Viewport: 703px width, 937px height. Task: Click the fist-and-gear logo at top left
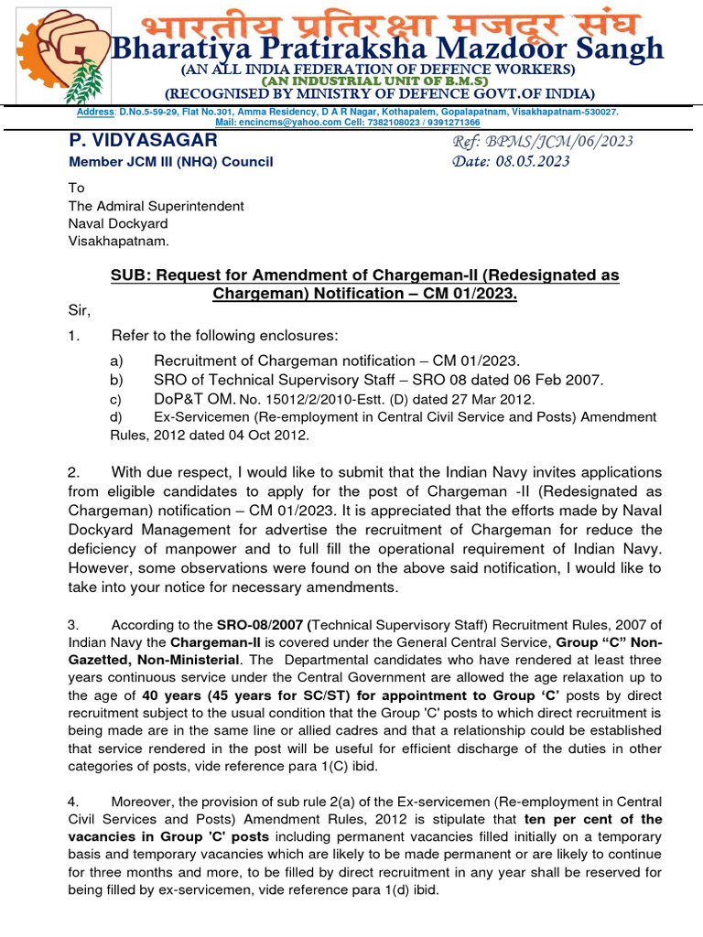click(x=57, y=53)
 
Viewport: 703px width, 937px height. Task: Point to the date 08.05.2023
click(x=535, y=162)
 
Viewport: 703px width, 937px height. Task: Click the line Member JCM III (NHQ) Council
click(x=171, y=162)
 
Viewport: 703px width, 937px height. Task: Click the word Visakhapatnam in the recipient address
click(x=119, y=242)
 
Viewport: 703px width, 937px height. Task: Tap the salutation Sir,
click(x=81, y=309)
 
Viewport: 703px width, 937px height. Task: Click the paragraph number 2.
click(x=74, y=472)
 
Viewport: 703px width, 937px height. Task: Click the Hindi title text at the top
click(x=390, y=23)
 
